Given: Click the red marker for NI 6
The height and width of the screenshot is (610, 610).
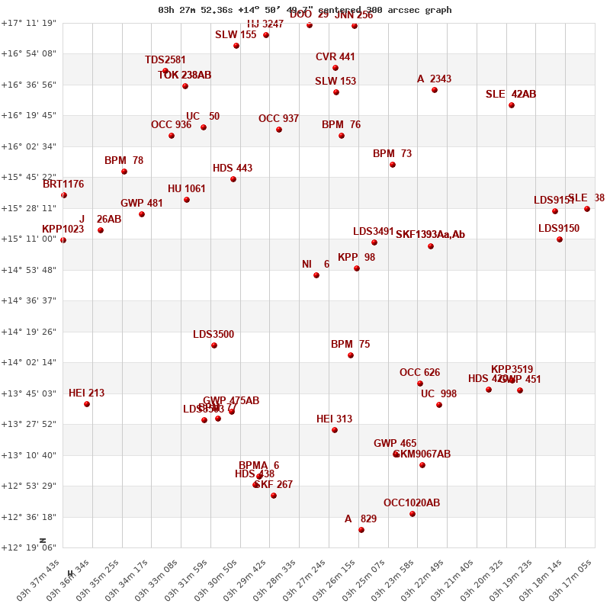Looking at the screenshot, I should click(316, 275).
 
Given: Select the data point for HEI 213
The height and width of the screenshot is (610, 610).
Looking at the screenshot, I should click(87, 404).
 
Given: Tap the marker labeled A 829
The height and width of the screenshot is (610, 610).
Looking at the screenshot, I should click(361, 530).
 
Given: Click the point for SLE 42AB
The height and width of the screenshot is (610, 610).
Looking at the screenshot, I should click(512, 105).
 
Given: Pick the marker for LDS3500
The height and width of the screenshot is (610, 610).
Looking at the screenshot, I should click(214, 345).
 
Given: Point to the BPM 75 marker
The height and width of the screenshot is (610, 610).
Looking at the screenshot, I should click(351, 355).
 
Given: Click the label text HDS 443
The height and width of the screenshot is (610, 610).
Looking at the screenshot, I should click(233, 169).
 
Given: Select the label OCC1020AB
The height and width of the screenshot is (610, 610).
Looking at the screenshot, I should click(412, 503).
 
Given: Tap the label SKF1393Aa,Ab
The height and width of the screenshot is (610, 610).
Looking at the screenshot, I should click(430, 235).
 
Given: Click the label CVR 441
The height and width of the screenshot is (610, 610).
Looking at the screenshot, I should click(335, 57).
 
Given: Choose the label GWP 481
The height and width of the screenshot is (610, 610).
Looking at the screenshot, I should click(142, 204).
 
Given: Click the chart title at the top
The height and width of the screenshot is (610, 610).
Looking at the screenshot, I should click(305, 10).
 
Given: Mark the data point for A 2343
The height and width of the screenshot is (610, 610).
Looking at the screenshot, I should click(435, 90).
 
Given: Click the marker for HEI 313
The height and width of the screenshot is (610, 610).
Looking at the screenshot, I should click(335, 430).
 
